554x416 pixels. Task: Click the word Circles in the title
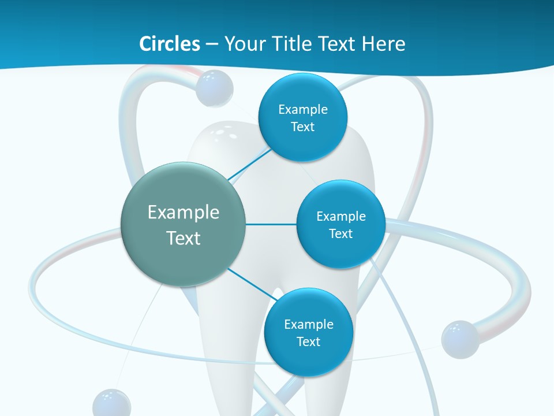coord(169,44)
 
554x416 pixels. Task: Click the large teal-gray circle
coord(184,225)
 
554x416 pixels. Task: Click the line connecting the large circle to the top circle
coord(249,164)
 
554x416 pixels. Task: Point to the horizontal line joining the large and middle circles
coord(271,224)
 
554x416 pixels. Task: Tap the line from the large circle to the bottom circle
coord(253,284)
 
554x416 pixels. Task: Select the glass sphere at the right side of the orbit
coord(460,339)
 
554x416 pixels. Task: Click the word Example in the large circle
coord(184,213)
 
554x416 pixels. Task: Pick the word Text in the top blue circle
coord(302,127)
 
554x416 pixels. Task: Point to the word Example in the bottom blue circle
coord(309,324)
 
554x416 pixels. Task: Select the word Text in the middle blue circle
coord(340,234)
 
